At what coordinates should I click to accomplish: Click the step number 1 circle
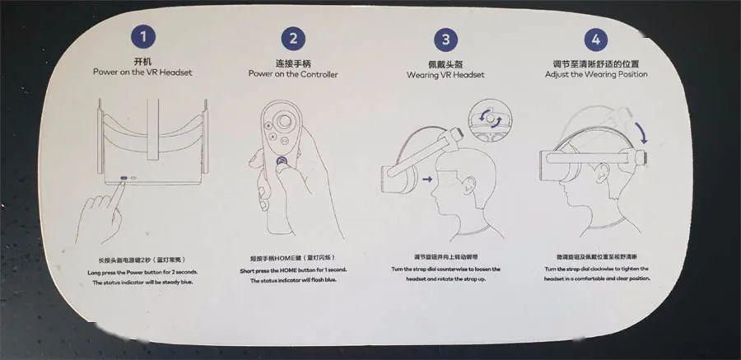click(144, 36)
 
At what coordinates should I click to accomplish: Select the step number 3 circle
click(445, 39)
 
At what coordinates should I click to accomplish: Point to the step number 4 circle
click(595, 39)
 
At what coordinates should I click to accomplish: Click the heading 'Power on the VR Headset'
click(142, 72)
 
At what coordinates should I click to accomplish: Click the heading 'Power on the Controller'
click(293, 74)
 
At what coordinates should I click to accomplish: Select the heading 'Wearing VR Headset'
click(445, 74)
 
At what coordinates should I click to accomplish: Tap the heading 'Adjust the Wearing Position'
click(596, 74)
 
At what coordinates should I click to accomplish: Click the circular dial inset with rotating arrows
click(487, 118)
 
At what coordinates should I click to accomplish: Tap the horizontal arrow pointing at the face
click(428, 176)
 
